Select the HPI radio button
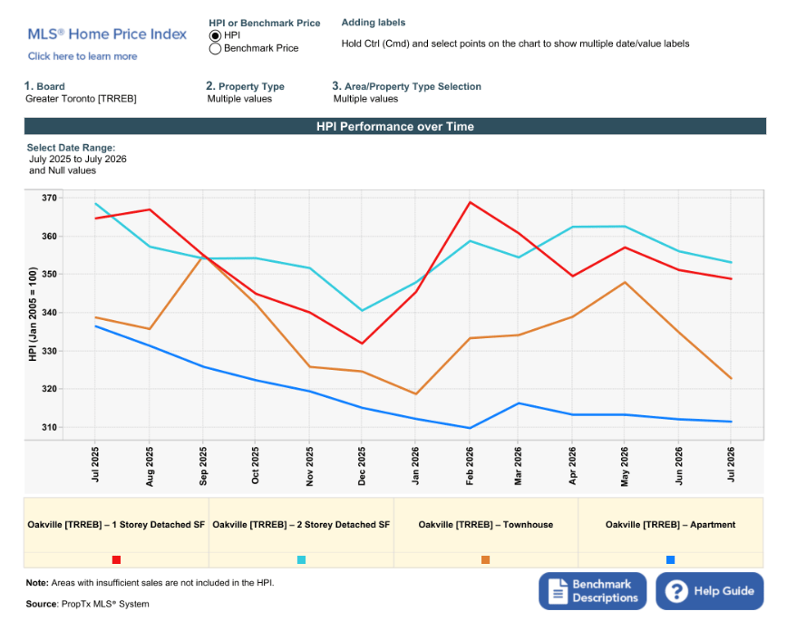coord(215,35)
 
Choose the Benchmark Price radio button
coord(215,49)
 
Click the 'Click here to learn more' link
coord(83,56)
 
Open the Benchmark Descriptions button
coord(592,591)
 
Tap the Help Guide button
coord(710,591)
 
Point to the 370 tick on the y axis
coord(49,198)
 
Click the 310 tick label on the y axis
coord(49,427)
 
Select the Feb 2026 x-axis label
coord(470,466)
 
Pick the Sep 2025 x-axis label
coord(203,466)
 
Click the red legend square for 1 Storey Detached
coord(116,559)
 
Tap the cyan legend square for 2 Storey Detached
coord(301,559)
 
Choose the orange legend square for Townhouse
coord(485,559)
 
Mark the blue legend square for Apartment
coord(670,559)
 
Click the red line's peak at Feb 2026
coord(470,202)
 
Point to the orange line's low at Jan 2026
coord(415,394)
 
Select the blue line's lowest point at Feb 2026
coord(470,428)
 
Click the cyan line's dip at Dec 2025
coord(362,311)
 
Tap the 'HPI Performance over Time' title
coord(395,127)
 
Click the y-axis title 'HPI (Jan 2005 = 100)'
coord(33,315)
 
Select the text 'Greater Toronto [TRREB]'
coord(81,99)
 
